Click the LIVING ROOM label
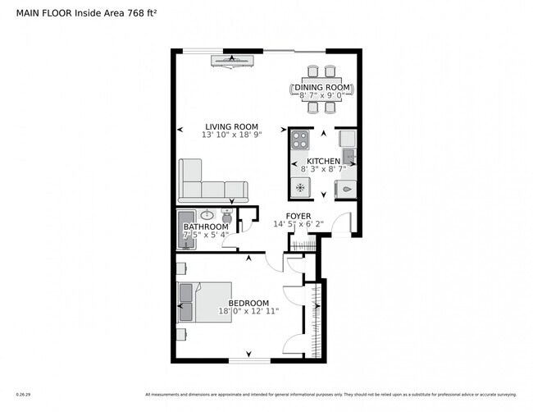tap(232, 126)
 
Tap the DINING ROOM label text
tap(323, 87)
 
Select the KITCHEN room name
tap(324, 161)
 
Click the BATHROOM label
tap(205, 227)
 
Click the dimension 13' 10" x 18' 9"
tap(232, 135)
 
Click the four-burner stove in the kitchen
tap(299, 139)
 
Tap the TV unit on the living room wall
tap(233, 58)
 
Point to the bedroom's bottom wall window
tap(249, 360)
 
